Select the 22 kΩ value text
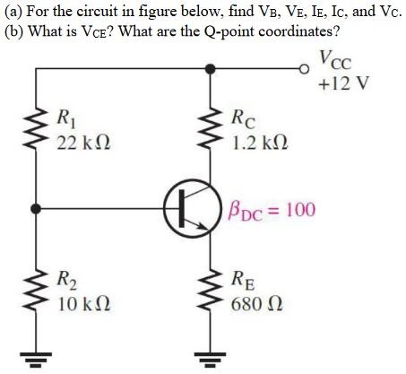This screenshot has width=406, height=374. pyautogui.click(x=82, y=142)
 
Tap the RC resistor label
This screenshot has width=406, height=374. pyautogui.click(x=242, y=117)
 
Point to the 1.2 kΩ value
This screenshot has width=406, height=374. pyautogui.click(x=261, y=142)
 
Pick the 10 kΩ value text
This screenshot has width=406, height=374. pyautogui.click(x=82, y=302)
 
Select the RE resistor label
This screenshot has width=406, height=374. pyautogui.click(x=243, y=278)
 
